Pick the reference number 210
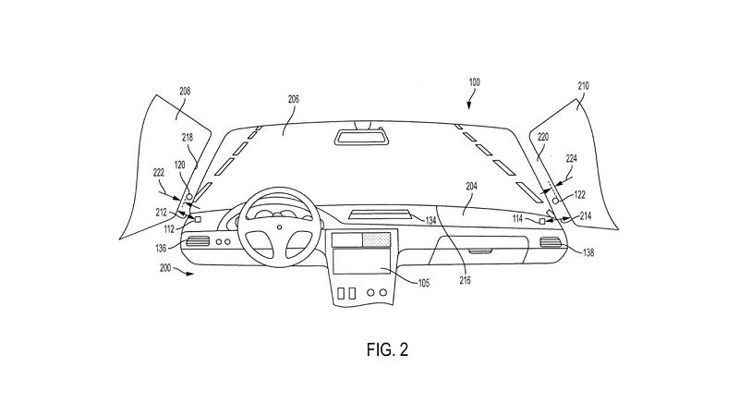[x=582, y=86]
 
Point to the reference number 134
[x=430, y=220]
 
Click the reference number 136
[x=161, y=247]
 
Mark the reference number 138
[x=589, y=250]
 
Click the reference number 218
[x=188, y=137]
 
